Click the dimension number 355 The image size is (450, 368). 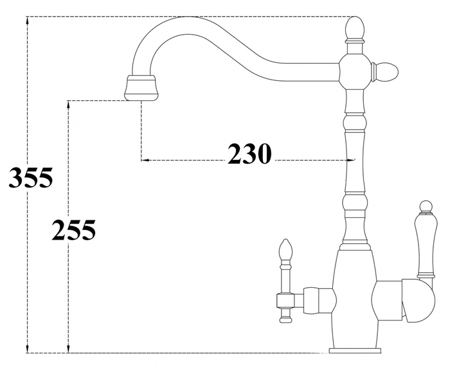tap(31, 177)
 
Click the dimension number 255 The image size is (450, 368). tap(74, 229)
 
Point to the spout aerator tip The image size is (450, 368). tap(141, 88)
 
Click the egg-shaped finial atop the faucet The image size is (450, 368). tap(355, 28)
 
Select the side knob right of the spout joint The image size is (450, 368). tap(386, 71)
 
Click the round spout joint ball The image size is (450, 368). tap(355, 72)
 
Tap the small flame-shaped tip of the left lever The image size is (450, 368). tap(285, 249)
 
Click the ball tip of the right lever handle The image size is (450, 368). tap(426, 207)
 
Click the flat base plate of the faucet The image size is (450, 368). tap(355, 350)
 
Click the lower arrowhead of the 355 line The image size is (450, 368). tap(28, 348)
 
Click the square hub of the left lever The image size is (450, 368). tap(285, 301)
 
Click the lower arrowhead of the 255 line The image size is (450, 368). tap(68, 348)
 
